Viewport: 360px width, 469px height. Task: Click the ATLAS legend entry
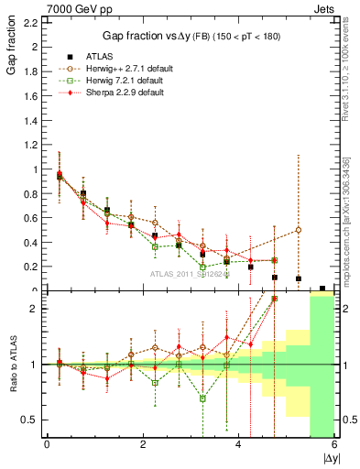coord(104,58)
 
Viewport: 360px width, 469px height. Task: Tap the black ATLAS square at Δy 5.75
coord(322,289)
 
